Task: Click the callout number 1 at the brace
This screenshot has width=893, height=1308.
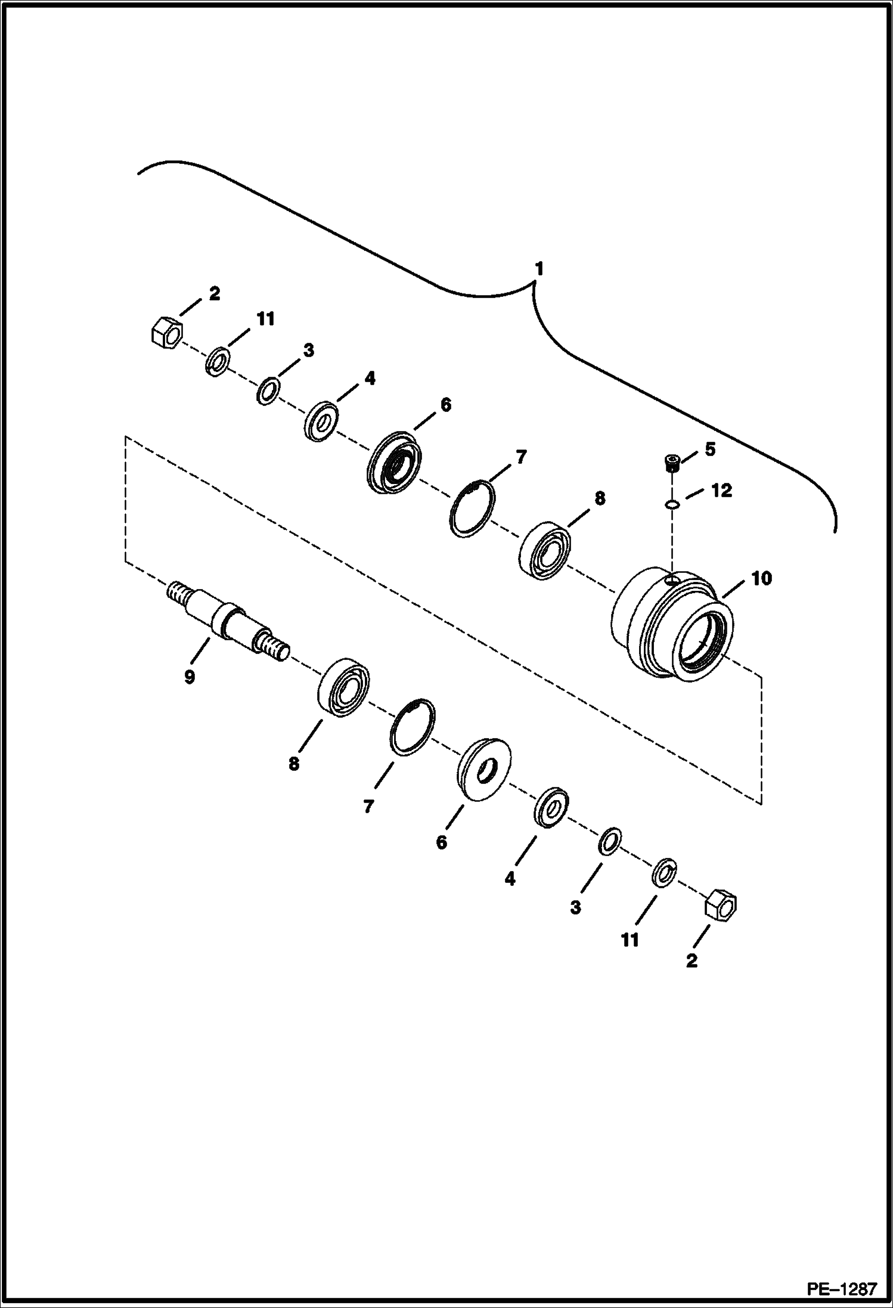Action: pyautogui.click(x=539, y=269)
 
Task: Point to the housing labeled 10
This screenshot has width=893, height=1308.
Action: pyautogui.click(x=672, y=626)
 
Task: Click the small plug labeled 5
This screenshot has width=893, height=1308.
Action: pyautogui.click(x=672, y=462)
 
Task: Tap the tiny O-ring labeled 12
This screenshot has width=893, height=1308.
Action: pyautogui.click(x=672, y=505)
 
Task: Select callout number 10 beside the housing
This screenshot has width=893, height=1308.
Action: pyautogui.click(x=761, y=578)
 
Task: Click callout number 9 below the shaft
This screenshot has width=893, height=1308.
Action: pyautogui.click(x=190, y=678)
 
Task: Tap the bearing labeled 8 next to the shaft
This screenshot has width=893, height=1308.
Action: pyautogui.click(x=342, y=687)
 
